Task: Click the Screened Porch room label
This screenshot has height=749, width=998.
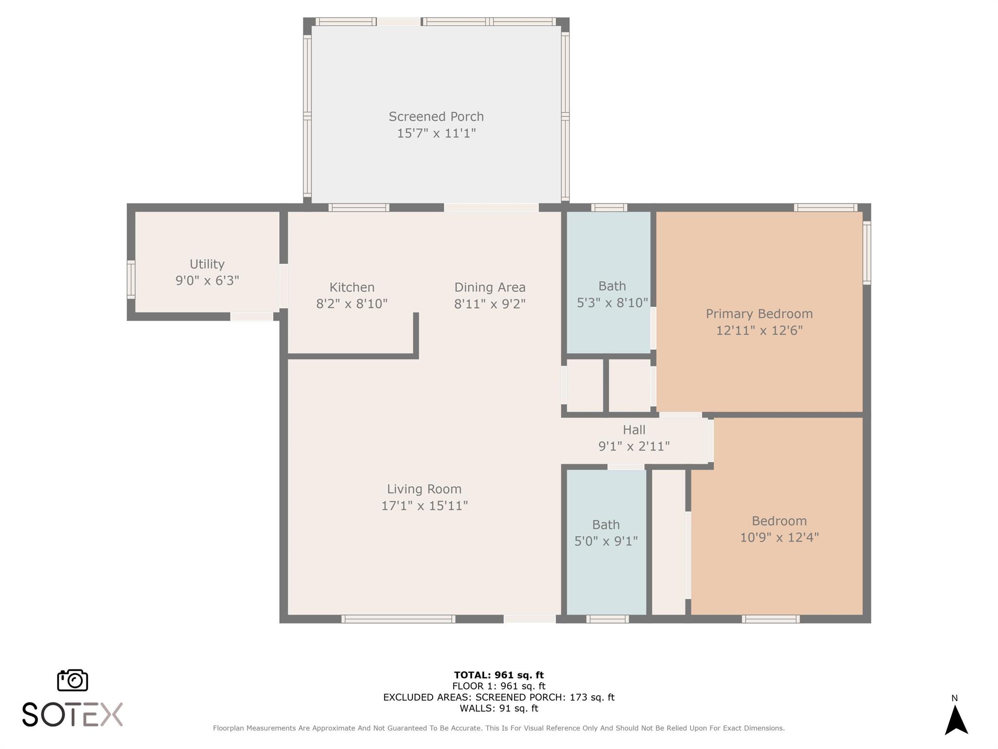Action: [x=436, y=117]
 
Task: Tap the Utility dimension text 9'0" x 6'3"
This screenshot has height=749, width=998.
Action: [x=207, y=280]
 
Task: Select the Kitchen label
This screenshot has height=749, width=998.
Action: [x=352, y=287]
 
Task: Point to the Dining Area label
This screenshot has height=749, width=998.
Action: [x=490, y=287]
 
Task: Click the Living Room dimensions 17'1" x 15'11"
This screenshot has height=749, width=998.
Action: [x=424, y=506]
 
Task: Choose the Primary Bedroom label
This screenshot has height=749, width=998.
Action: [x=759, y=314]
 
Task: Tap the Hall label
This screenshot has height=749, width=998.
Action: [x=634, y=430]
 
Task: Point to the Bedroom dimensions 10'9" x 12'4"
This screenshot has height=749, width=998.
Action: [x=779, y=537]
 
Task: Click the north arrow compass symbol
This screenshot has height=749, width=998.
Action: [x=956, y=720]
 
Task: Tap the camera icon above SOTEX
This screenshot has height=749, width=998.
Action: [x=73, y=680]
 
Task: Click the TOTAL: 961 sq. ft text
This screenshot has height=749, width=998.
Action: [x=499, y=675]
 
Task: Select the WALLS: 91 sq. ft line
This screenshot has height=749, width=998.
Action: [x=499, y=709]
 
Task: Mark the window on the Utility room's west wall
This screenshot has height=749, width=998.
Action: [x=131, y=279]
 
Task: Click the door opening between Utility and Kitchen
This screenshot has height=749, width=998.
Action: [x=283, y=285]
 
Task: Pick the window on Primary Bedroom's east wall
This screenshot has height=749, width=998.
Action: [x=866, y=253]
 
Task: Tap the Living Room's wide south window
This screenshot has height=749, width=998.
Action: [x=398, y=619]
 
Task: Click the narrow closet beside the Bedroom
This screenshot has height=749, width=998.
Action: [x=668, y=541]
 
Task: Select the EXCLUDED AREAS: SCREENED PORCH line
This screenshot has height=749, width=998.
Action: [x=499, y=697]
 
